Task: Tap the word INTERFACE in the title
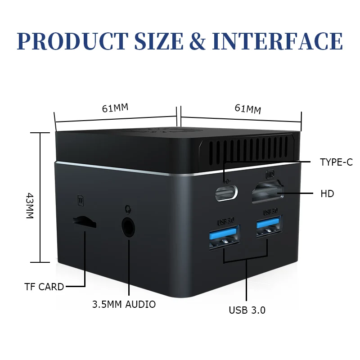point(277,41)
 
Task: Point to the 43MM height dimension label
point(29,206)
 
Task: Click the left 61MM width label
point(115,108)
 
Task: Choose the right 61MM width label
point(247,109)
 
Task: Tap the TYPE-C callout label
point(336,162)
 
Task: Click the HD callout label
point(327,194)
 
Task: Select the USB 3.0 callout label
point(247,310)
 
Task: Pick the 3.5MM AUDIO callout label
point(124,305)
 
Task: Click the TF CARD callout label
point(44,287)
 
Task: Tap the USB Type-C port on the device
point(226,193)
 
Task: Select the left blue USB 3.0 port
point(224,234)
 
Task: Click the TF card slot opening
point(84,221)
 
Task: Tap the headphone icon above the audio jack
point(127,208)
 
